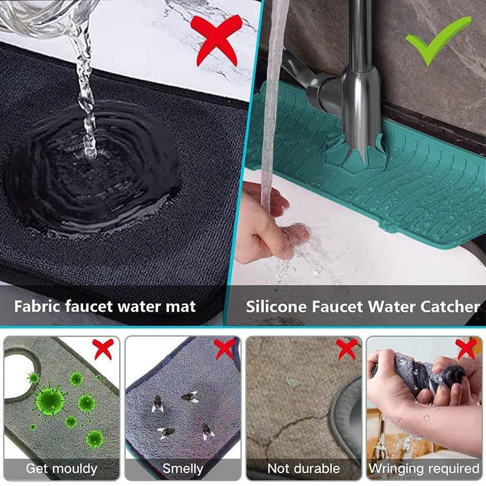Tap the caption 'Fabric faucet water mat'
click(x=105, y=306)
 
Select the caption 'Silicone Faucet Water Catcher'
click(x=363, y=306)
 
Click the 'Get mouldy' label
click(x=61, y=468)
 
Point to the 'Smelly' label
click(x=182, y=468)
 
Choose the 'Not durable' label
click(x=304, y=468)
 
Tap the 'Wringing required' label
click(x=424, y=468)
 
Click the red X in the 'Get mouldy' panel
click(x=103, y=349)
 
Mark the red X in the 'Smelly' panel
click(x=225, y=349)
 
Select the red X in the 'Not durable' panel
click(x=347, y=349)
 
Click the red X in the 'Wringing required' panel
click(x=467, y=349)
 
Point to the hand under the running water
click(x=267, y=228)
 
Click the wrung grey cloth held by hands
click(x=419, y=374)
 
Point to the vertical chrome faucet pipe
click(x=360, y=36)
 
